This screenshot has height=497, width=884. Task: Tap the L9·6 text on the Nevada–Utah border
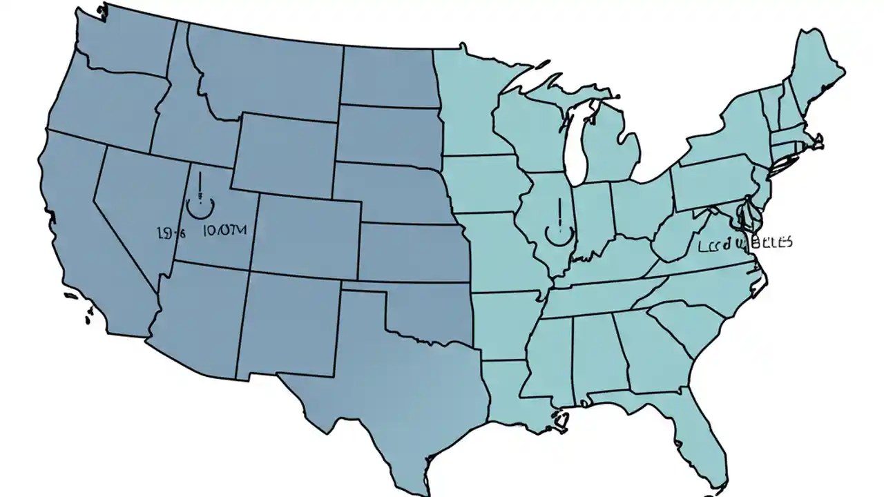(172, 233)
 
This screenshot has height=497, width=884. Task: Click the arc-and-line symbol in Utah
(200, 200)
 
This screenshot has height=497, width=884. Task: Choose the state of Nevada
(128, 200)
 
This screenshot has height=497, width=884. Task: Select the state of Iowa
(483, 183)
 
